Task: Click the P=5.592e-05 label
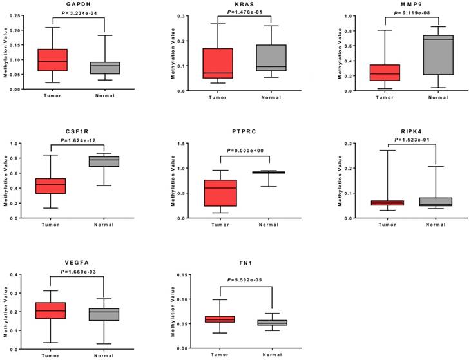click(x=246, y=280)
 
